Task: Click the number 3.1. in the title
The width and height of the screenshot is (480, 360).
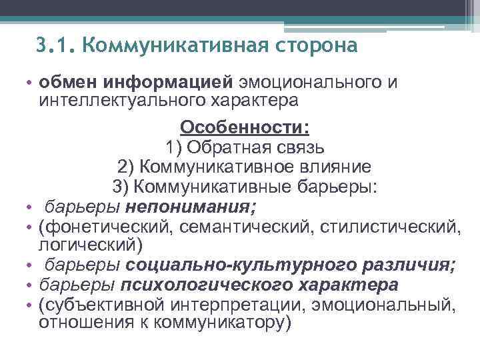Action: [56, 46]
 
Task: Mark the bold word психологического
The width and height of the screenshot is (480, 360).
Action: [205, 285]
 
